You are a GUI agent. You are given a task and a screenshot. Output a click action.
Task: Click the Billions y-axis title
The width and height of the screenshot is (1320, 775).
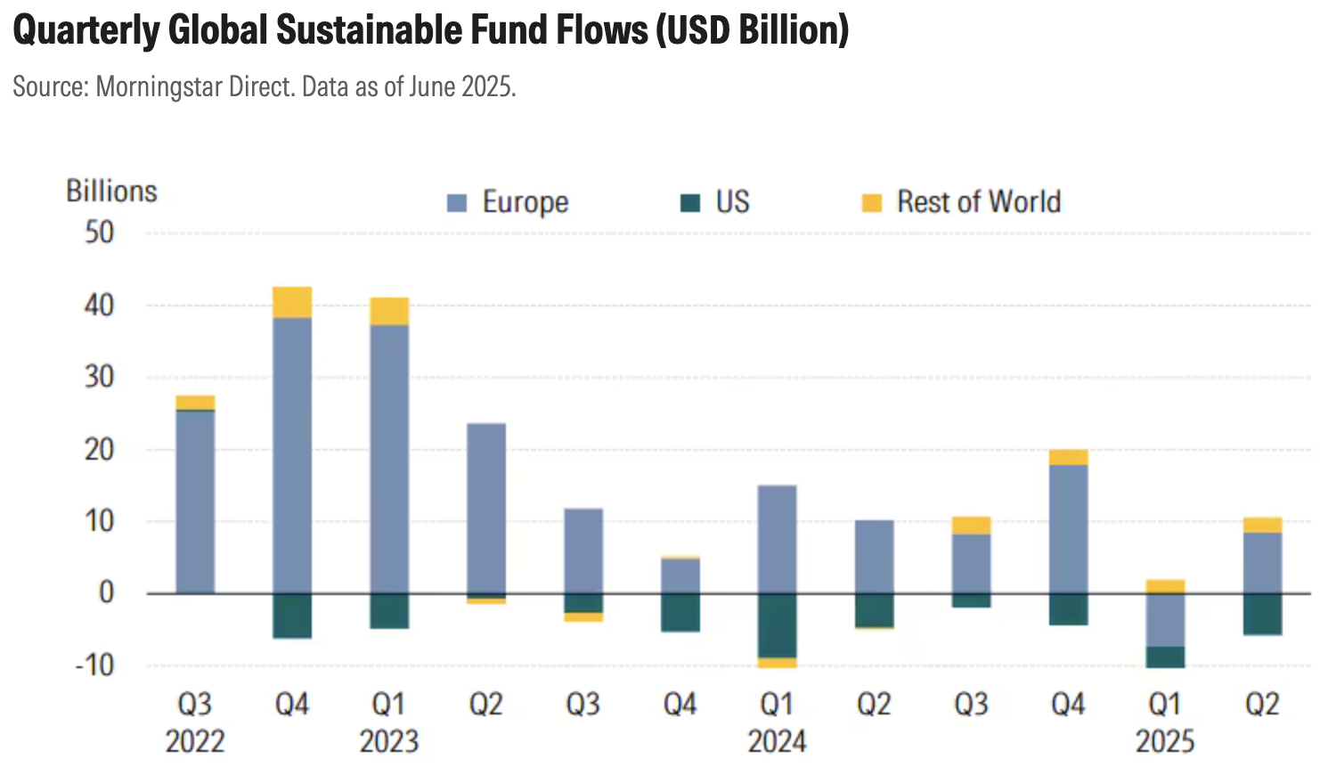point(111,191)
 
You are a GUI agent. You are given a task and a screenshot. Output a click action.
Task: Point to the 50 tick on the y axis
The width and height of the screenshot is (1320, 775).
point(100,233)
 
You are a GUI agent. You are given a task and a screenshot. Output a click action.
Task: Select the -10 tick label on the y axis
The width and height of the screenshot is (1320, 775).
point(95,665)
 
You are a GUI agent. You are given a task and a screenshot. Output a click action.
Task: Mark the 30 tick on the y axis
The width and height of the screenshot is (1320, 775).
point(100,377)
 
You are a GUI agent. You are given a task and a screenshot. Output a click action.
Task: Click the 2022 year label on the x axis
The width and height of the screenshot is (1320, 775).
point(195,741)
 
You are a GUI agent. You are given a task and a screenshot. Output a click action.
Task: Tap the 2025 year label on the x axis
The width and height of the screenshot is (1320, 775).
point(1165,741)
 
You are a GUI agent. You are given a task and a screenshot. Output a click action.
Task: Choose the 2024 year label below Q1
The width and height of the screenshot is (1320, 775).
point(777,741)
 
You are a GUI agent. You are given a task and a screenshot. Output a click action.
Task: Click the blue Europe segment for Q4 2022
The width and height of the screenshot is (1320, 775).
point(292,454)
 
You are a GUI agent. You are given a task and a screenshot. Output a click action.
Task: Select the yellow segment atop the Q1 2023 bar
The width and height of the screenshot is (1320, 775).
point(389,311)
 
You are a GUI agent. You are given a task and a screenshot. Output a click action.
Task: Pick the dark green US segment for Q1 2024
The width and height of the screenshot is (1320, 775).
point(777,625)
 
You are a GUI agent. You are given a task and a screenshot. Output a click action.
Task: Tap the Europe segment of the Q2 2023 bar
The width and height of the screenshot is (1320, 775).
point(486,508)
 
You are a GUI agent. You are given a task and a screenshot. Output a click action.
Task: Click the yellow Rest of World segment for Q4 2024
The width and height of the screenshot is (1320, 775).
point(1068,457)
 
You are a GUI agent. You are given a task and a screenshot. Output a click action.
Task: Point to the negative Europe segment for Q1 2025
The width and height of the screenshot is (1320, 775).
point(1165,620)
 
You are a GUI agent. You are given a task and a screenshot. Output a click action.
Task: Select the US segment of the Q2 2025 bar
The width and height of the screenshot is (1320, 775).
point(1262,614)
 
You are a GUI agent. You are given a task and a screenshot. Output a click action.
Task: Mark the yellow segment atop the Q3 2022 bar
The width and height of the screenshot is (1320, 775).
point(195,403)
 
